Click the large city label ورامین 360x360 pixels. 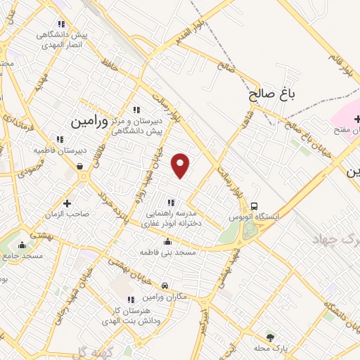90,121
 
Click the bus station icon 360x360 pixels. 252,206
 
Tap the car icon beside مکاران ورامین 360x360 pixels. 165,286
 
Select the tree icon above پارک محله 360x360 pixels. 270,337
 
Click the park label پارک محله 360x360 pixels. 271,349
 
